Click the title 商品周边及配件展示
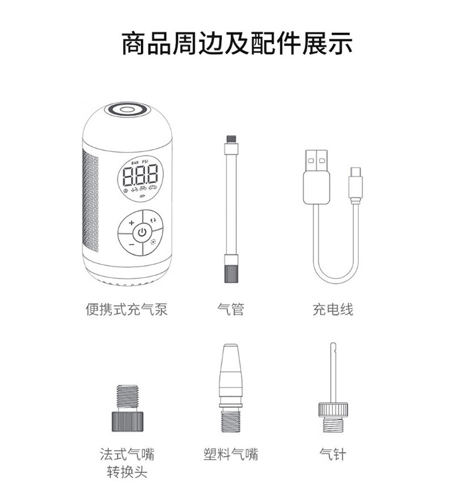coord(237,43)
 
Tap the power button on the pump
coord(142,233)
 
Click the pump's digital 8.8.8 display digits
coord(140,175)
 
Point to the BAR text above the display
coord(135,162)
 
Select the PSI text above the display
coord(146,162)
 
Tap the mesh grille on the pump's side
coord(90,200)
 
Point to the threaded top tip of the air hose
coord(231,139)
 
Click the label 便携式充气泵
coord(126,309)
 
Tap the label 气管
coord(231,309)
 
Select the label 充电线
coord(333,309)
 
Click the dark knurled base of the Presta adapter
coord(127,421)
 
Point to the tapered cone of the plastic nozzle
coord(231,373)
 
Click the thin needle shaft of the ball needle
coord(333,373)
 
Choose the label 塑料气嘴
coord(231,454)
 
